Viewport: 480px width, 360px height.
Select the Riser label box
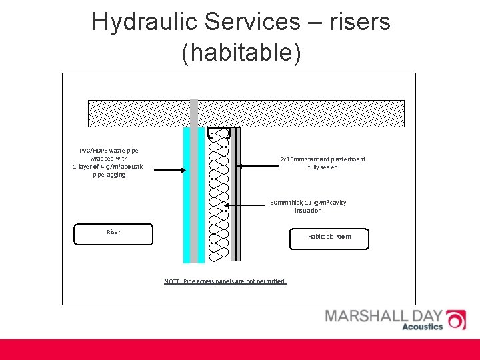click(113, 233)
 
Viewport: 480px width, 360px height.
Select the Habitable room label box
click(329, 238)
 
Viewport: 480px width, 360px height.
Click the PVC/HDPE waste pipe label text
click(108, 163)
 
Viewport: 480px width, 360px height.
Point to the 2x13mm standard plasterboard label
click(323, 163)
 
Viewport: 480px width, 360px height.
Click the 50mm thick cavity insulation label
click(308, 206)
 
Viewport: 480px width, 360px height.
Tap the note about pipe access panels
click(225, 281)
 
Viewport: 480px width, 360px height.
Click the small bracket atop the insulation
click(219, 131)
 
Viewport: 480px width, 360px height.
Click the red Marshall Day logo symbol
click(455, 319)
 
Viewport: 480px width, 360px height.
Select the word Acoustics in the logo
click(422, 327)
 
